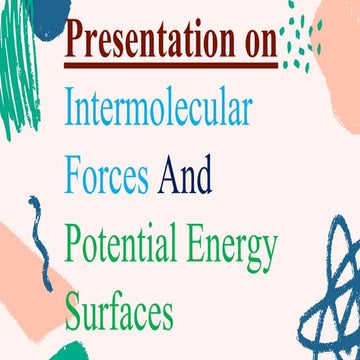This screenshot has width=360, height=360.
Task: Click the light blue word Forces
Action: coord(107,177)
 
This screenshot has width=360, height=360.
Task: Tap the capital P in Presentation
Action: coord(78,43)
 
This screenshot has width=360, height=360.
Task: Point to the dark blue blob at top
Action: coord(50,15)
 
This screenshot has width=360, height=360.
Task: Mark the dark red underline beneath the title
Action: coord(170,64)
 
